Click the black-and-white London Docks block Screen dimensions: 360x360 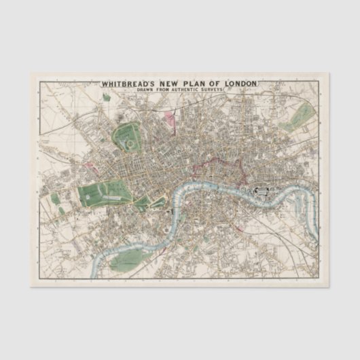[x=262, y=194]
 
